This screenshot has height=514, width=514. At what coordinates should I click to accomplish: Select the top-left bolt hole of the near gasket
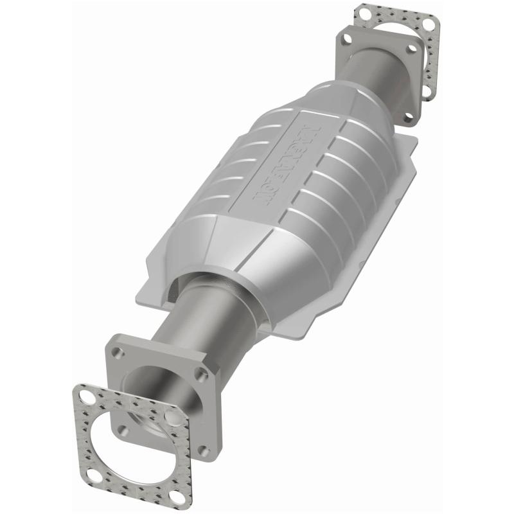[x=84, y=398]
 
